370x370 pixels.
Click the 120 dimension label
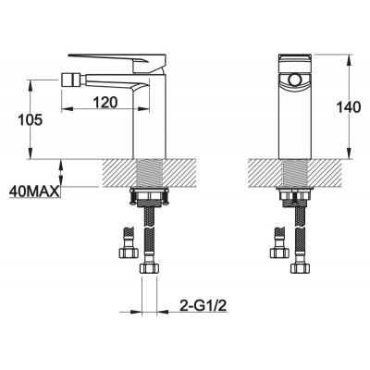click(105, 102)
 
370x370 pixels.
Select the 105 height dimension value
click(30, 119)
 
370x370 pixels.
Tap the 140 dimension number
click(348, 107)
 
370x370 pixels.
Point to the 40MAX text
click(34, 191)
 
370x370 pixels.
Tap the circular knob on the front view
click(294, 80)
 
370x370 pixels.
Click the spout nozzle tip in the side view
click(68, 80)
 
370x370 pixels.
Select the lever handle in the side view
click(117, 62)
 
